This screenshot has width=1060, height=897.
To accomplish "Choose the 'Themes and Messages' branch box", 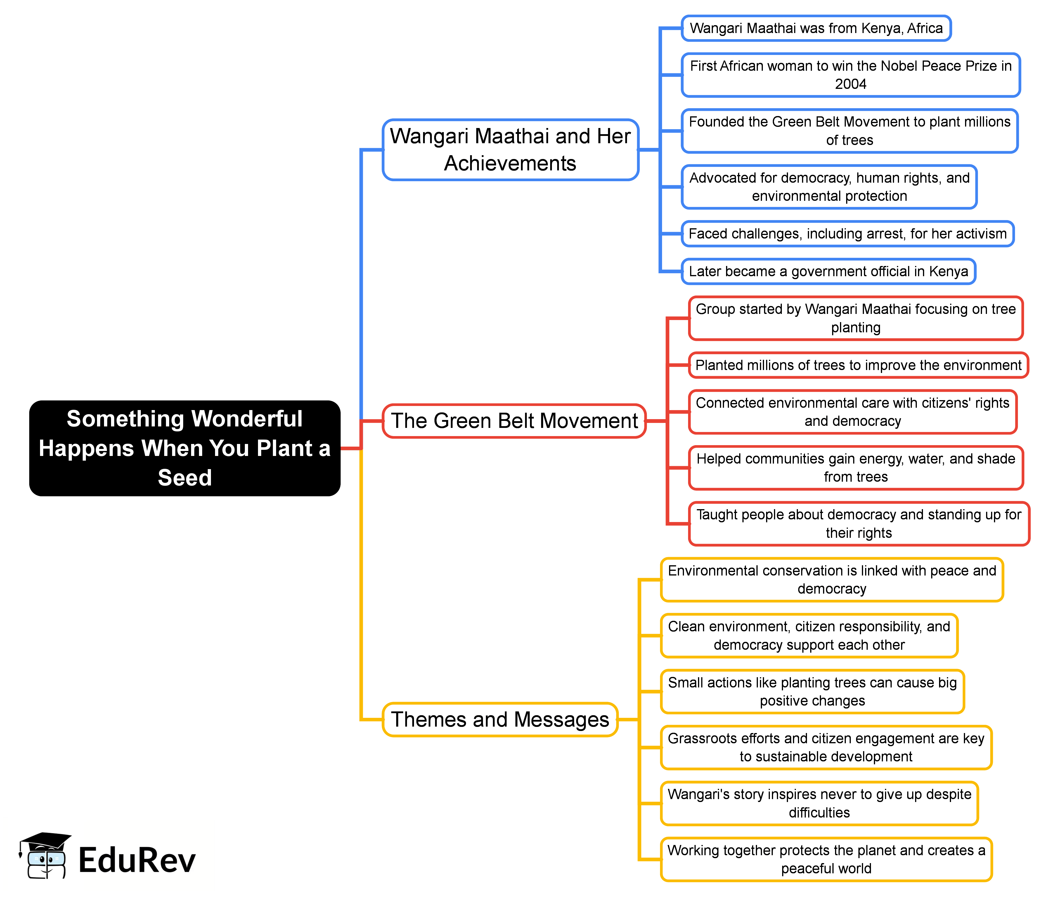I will pyautogui.click(x=500, y=720).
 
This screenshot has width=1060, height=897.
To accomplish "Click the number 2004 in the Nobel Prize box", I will pyautogui.click(x=851, y=84).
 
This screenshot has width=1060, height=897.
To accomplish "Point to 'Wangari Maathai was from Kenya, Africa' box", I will pyautogui.click(x=816, y=28).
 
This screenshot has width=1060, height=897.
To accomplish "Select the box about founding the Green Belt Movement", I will pyautogui.click(x=850, y=131).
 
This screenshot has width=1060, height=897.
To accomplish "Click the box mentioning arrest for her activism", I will pyautogui.click(x=848, y=234).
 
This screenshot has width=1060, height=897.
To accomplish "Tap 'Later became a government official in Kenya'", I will pyautogui.click(x=828, y=272).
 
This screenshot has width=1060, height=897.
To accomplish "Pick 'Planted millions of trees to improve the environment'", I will pyautogui.click(x=858, y=365).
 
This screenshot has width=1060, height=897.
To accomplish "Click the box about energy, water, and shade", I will pyautogui.click(x=856, y=468).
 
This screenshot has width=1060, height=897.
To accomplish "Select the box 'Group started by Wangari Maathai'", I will pyautogui.click(x=856, y=318).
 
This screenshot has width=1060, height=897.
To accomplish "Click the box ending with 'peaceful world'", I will pyautogui.click(x=826, y=859).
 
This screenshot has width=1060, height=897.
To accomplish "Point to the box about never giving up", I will pyautogui.click(x=819, y=803).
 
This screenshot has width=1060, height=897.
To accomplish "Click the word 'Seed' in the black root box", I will pyautogui.click(x=185, y=478).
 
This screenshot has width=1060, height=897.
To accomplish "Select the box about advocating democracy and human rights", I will pyautogui.click(x=829, y=187).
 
